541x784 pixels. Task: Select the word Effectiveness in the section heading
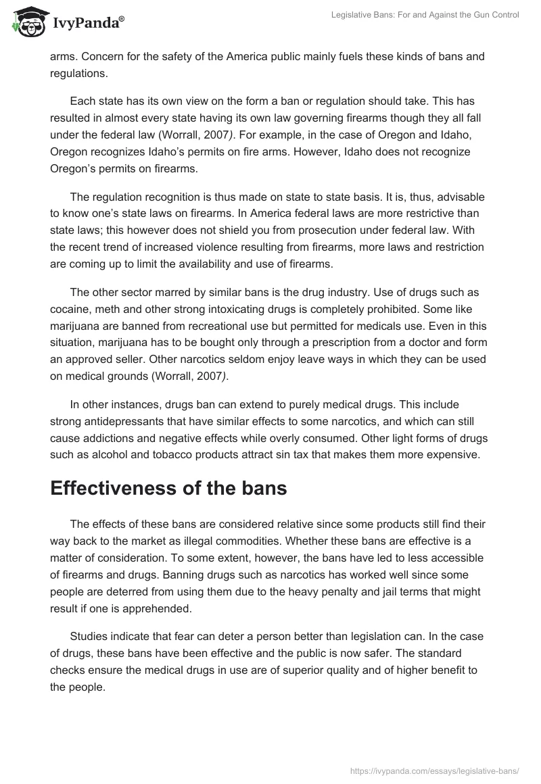tap(116, 489)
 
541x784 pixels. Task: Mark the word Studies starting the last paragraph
tap(90, 637)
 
